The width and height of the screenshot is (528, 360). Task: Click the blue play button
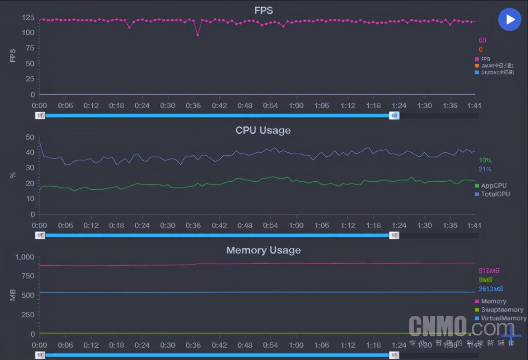click(510, 19)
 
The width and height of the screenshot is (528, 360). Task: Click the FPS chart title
click(264, 11)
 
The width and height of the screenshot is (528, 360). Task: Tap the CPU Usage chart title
click(263, 131)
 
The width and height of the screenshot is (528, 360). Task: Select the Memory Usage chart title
click(264, 250)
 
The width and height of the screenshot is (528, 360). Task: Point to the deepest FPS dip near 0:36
click(198, 35)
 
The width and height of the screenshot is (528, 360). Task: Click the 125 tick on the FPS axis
click(28, 18)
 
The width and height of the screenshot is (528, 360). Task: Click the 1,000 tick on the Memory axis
click(25, 257)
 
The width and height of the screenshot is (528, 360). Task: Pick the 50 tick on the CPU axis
click(30, 137)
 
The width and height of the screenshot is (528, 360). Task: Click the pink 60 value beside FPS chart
click(482, 40)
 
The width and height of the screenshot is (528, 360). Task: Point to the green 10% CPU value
click(485, 160)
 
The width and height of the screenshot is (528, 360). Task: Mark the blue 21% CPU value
click(485, 169)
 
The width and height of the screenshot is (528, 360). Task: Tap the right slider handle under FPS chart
click(394, 116)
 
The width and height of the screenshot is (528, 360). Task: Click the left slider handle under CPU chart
click(40, 235)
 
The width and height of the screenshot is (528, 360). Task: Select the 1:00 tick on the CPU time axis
click(296, 225)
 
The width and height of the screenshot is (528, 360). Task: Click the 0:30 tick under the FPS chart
click(168, 106)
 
